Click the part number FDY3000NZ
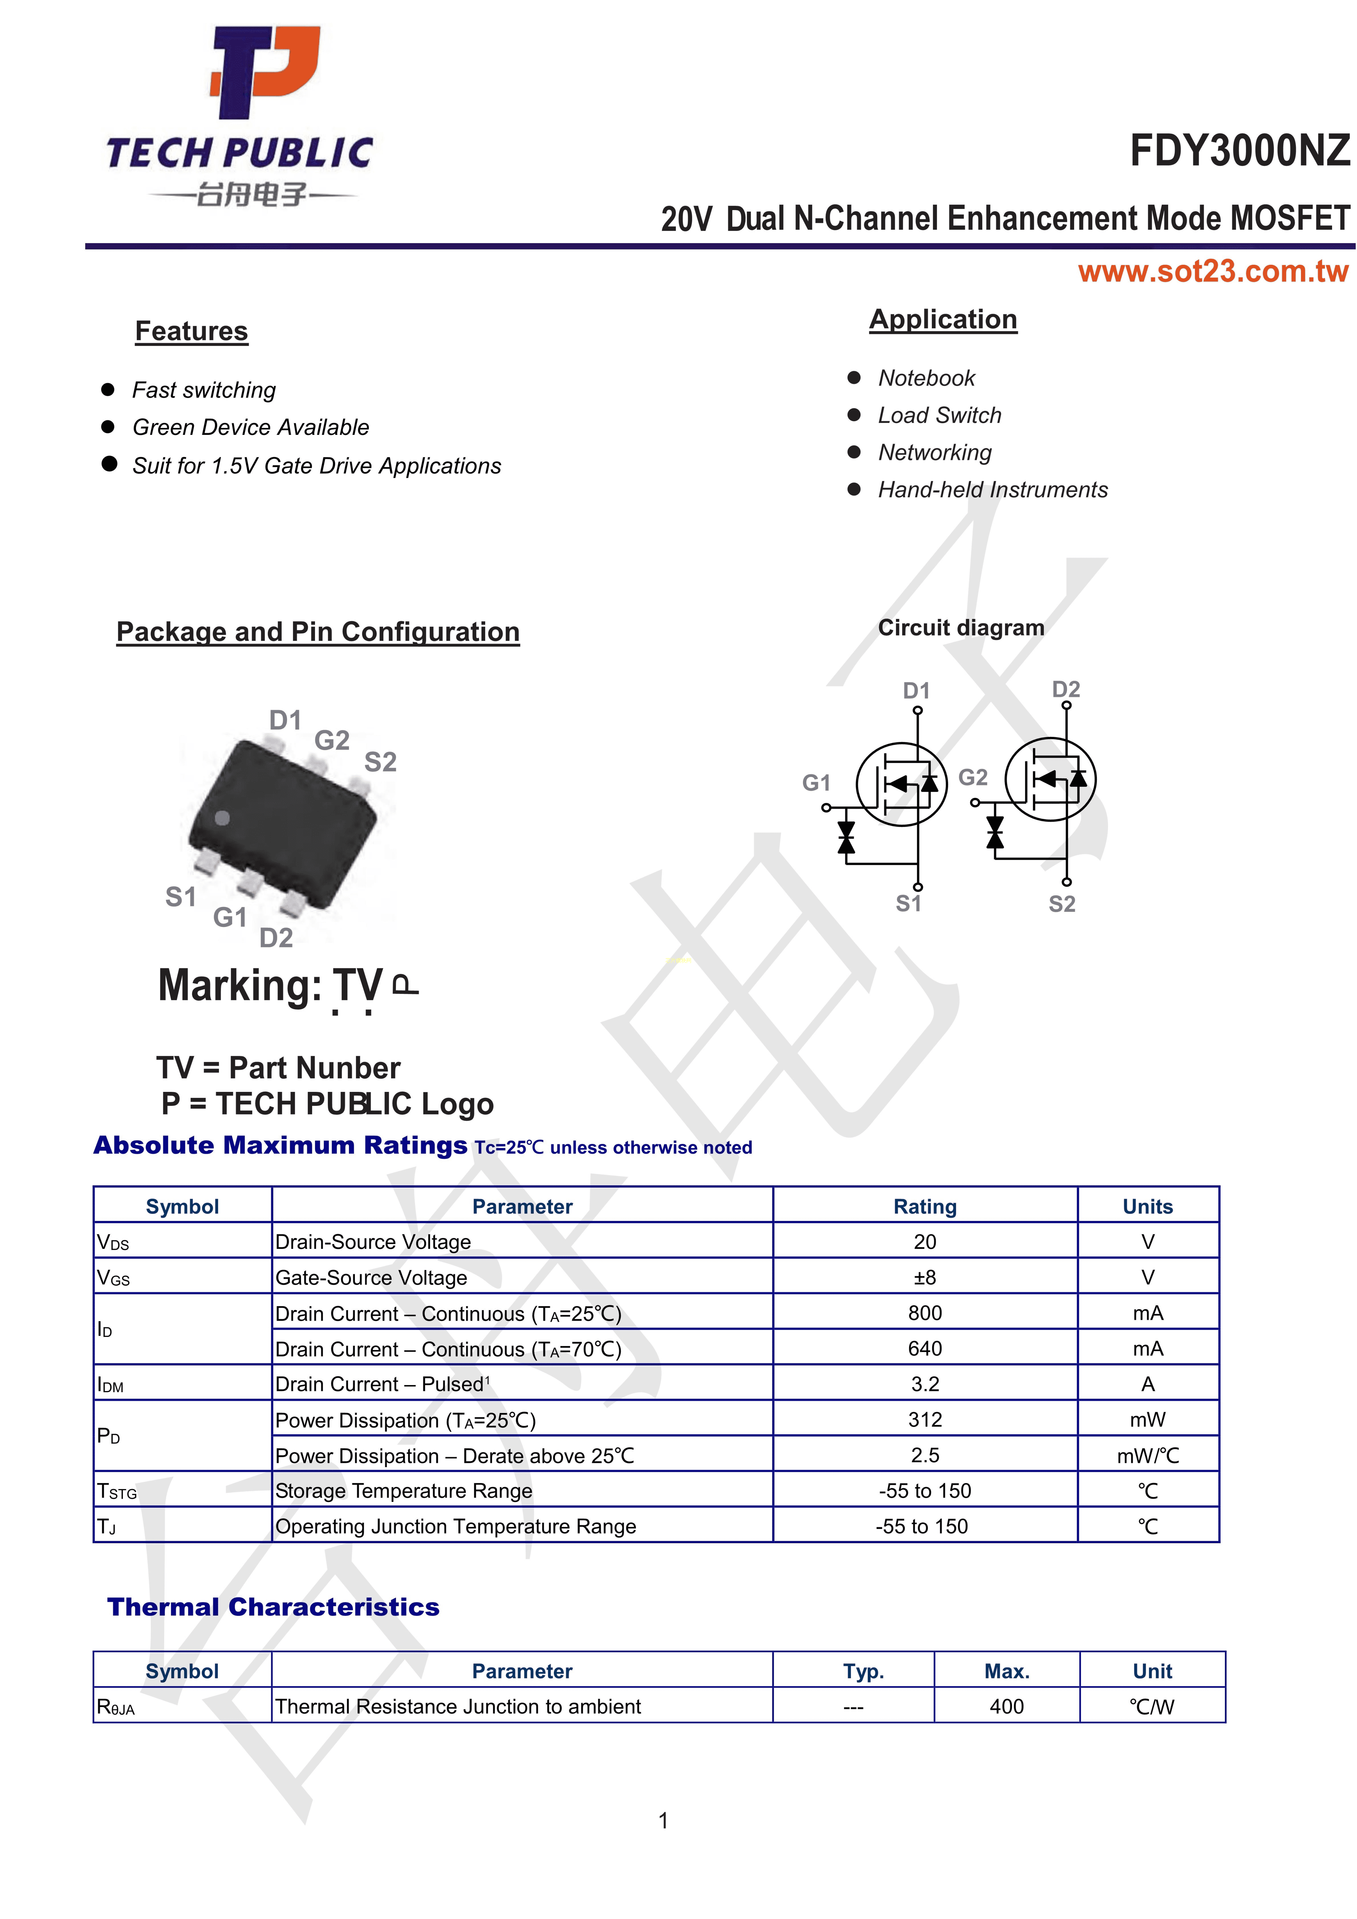click(x=1239, y=151)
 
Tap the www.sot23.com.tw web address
click(x=1212, y=272)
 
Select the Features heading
click(x=192, y=331)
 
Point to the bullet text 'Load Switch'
click(x=939, y=415)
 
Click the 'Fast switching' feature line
click(x=204, y=390)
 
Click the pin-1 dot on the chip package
click(x=222, y=818)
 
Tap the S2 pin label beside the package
click(x=380, y=762)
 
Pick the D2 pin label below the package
click(x=276, y=938)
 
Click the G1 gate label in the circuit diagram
click(x=816, y=783)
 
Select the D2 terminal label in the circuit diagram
click(x=1066, y=690)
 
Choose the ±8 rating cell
click(x=925, y=1277)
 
